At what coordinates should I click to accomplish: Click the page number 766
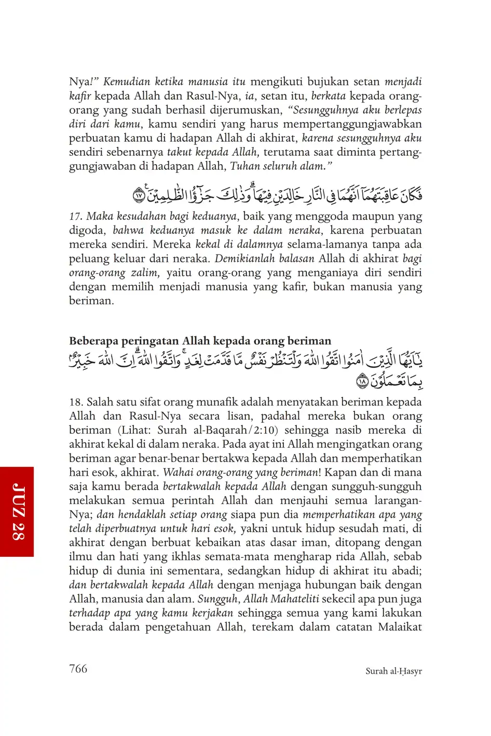point(78,668)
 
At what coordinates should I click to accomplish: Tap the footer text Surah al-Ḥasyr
point(393,671)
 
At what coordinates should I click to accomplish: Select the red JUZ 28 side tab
point(17,512)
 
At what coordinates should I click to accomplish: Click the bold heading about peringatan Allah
point(200,341)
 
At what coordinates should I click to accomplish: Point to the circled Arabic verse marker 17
point(139,196)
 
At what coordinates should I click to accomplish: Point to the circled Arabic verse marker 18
point(362,382)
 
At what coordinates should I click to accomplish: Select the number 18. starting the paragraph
point(76,402)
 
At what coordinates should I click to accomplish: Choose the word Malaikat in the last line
point(400,627)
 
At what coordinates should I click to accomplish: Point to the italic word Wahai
point(178,473)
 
